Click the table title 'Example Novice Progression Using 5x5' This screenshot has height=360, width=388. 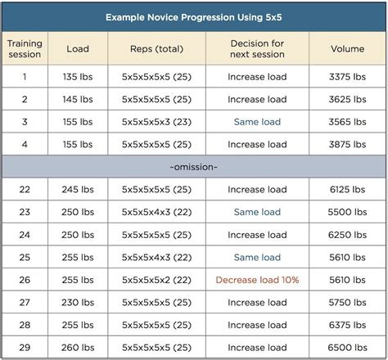tap(194, 16)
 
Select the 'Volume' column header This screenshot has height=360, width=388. tap(347, 48)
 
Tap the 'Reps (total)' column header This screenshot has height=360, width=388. tap(156, 48)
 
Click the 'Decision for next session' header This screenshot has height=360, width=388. tap(257, 48)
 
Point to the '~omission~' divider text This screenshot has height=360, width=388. tap(194, 166)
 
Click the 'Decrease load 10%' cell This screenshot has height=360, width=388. tap(257, 279)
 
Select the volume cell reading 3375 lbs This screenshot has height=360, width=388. tap(347, 77)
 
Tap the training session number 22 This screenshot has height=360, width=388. tap(25, 189)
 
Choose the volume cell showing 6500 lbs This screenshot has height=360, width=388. tap(347, 347)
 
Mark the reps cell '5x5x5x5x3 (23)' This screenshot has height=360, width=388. tap(156, 122)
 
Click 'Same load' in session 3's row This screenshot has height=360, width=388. tap(257, 122)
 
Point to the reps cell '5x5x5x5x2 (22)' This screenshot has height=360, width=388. tap(156, 279)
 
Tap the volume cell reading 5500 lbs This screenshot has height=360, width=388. tap(347, 212)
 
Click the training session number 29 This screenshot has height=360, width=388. tap(25, 347)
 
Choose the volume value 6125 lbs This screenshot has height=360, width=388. tap(347, 189)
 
